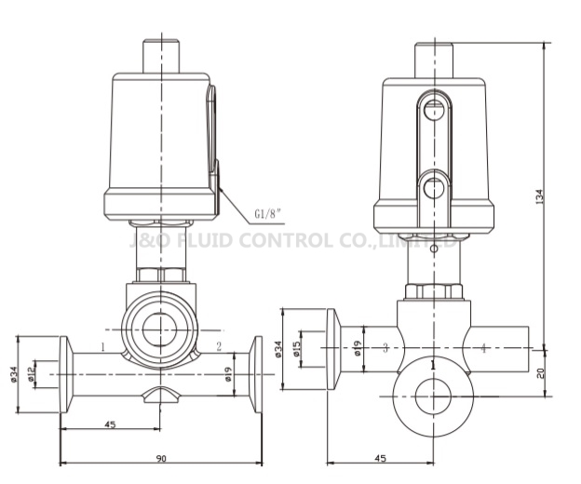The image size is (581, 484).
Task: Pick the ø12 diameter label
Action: [x=31, y=373]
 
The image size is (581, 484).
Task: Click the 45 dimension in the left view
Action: [x=110, y=424]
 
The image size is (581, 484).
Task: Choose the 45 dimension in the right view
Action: [x=380, y=458]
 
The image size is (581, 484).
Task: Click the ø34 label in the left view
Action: [x=13, y=373]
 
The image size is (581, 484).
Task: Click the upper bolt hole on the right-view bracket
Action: [x=433, y=111]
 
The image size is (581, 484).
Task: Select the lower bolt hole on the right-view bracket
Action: [x=433, y=187]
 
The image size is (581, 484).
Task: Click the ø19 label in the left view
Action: [x=229, y=374]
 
